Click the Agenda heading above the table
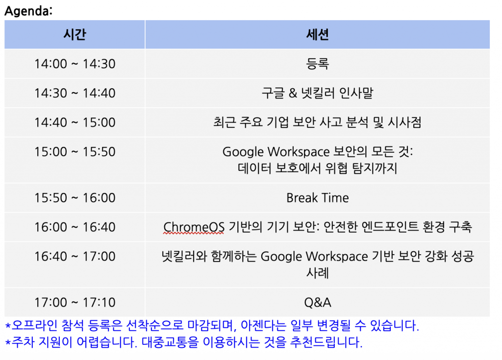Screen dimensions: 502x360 [x=28, y=11]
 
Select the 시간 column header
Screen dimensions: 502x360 [x=75, y=34]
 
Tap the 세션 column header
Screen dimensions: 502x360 [x=317, y=34]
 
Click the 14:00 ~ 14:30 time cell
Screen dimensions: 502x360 [x=75, y=64]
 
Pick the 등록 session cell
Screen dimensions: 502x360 [x=317, y=63]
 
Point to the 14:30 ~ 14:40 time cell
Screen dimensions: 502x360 [x=75, y=93]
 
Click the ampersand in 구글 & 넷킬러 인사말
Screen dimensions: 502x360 [x=293, y=93]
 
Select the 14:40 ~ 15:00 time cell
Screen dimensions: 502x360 [x=75, y=122]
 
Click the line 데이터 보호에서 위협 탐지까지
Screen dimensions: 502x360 [x=317, y=168]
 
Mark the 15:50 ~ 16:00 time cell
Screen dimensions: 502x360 [x=75, y=198]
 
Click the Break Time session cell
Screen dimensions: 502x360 [x=317, y=198]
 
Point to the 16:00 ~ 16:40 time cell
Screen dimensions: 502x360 [x=75, y=227]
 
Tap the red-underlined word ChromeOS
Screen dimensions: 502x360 [x=194, y=227]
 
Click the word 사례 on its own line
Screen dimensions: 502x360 [x=317, y=273]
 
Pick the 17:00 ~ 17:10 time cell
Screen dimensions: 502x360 [x=75, y=302]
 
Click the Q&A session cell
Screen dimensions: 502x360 [x=317, y=302]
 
